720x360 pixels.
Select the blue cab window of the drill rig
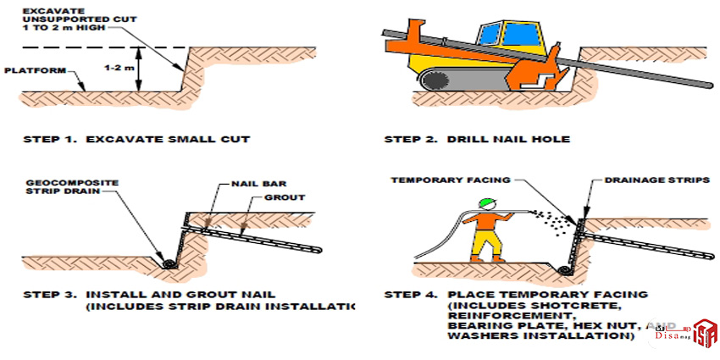tap(513, 35)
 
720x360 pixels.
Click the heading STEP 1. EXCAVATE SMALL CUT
tap(131, 138)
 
